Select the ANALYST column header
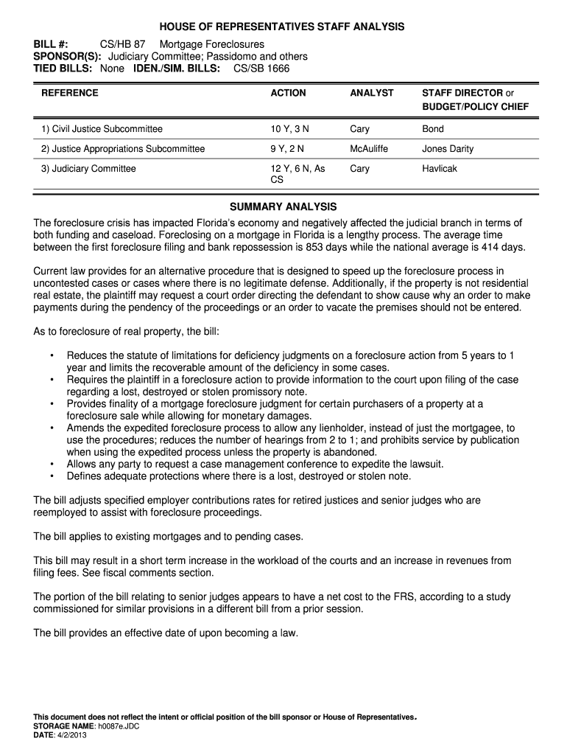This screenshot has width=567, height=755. point(372,93)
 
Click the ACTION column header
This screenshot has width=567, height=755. point(288,93)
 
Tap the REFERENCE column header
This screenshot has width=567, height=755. point(70,93)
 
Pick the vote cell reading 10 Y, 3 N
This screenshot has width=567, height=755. point(290,129)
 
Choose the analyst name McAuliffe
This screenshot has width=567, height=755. point(369,149)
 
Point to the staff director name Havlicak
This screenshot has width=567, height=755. point(440,169)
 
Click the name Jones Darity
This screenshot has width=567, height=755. point(448,149)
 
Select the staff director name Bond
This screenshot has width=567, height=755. point(433,129)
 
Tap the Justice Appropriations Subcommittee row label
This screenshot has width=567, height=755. point(123,149)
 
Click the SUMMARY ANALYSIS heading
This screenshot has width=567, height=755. point(283,206)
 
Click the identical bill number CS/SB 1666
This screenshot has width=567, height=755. point(261,69)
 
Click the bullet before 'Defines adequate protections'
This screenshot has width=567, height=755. point(52,476)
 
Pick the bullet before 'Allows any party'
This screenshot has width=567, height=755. point(52,465)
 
